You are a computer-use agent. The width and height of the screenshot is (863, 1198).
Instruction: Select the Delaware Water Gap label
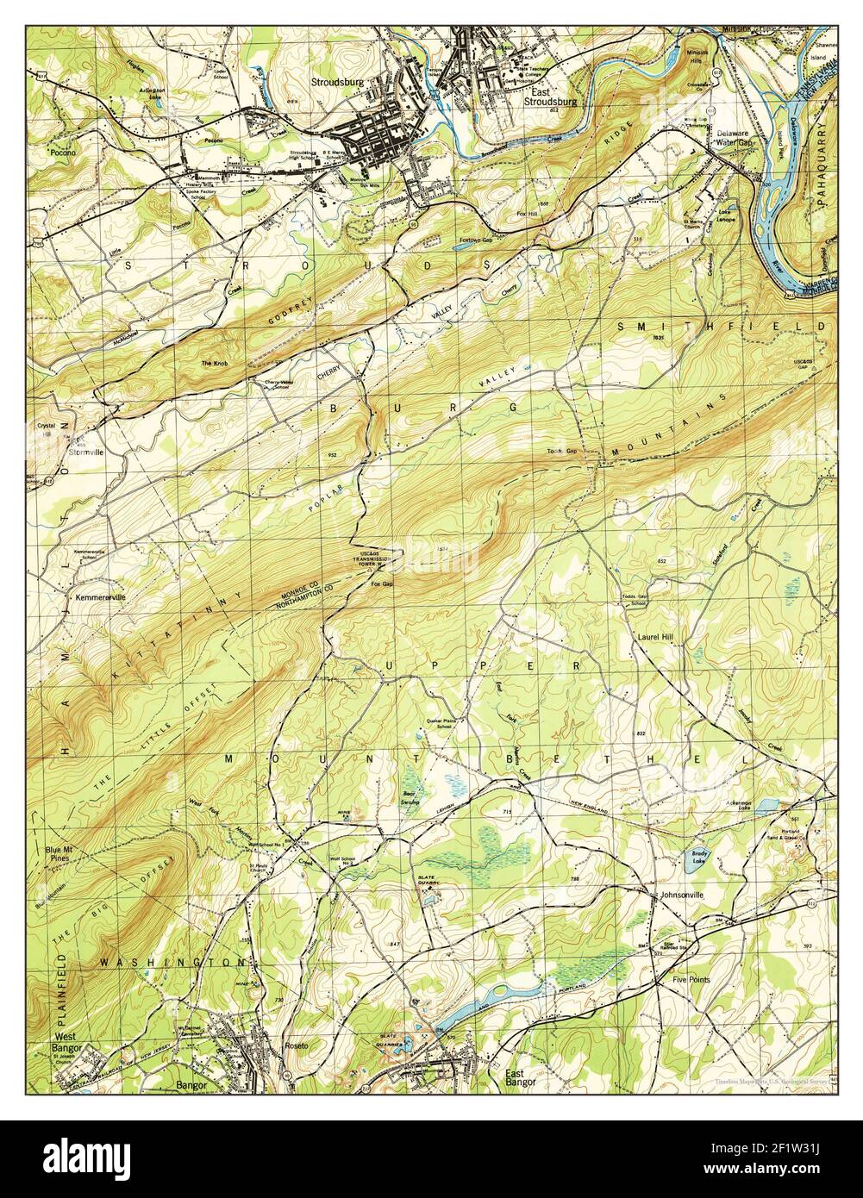coord(735,138)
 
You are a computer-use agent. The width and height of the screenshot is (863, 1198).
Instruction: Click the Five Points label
coord(691,980)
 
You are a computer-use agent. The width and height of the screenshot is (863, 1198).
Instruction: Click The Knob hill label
coord(213,364)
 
